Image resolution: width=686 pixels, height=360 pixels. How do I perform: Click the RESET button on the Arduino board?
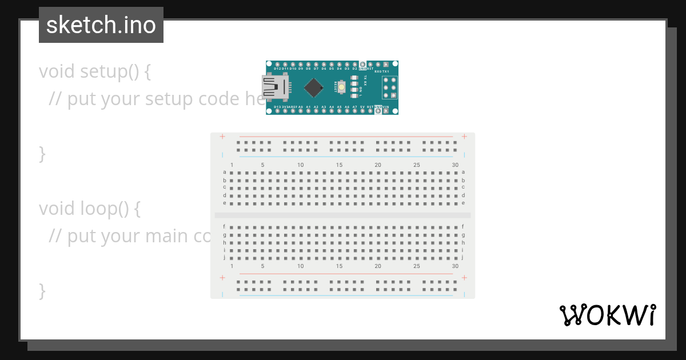[x=341, y=87]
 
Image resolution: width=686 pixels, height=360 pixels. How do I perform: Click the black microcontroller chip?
[x=313, y=87]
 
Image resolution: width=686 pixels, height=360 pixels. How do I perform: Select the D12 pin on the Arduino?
[x=277, y=64]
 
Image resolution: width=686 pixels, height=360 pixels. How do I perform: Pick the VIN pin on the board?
[x=386, y=111]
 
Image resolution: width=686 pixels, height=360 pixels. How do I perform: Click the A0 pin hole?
[x=301, y=111]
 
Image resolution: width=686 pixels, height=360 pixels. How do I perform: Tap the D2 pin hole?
[x=354, y=64]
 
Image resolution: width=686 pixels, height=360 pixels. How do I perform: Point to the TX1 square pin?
[x=386, y=65]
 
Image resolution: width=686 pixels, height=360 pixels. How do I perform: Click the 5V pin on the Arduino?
[x=362, y=111]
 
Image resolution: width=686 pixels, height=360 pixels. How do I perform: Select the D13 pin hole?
[x=277, y=111]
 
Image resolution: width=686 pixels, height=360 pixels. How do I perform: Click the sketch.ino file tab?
[x=101, y=25]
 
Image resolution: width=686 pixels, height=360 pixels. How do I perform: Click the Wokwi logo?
[x=607, y=315]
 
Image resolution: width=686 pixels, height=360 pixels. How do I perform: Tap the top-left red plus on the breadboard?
[x=222, y=137]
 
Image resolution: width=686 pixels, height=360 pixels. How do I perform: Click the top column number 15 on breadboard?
[x=339, y=165]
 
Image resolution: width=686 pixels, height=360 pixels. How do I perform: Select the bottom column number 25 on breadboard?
[x=417, y=266]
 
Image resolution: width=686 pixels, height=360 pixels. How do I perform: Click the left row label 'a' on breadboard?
[x=225, y=172]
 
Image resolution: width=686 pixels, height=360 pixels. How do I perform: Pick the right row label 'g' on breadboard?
[x=463, y=234]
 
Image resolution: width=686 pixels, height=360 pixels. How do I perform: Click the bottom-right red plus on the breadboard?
[x=464, y=278]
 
